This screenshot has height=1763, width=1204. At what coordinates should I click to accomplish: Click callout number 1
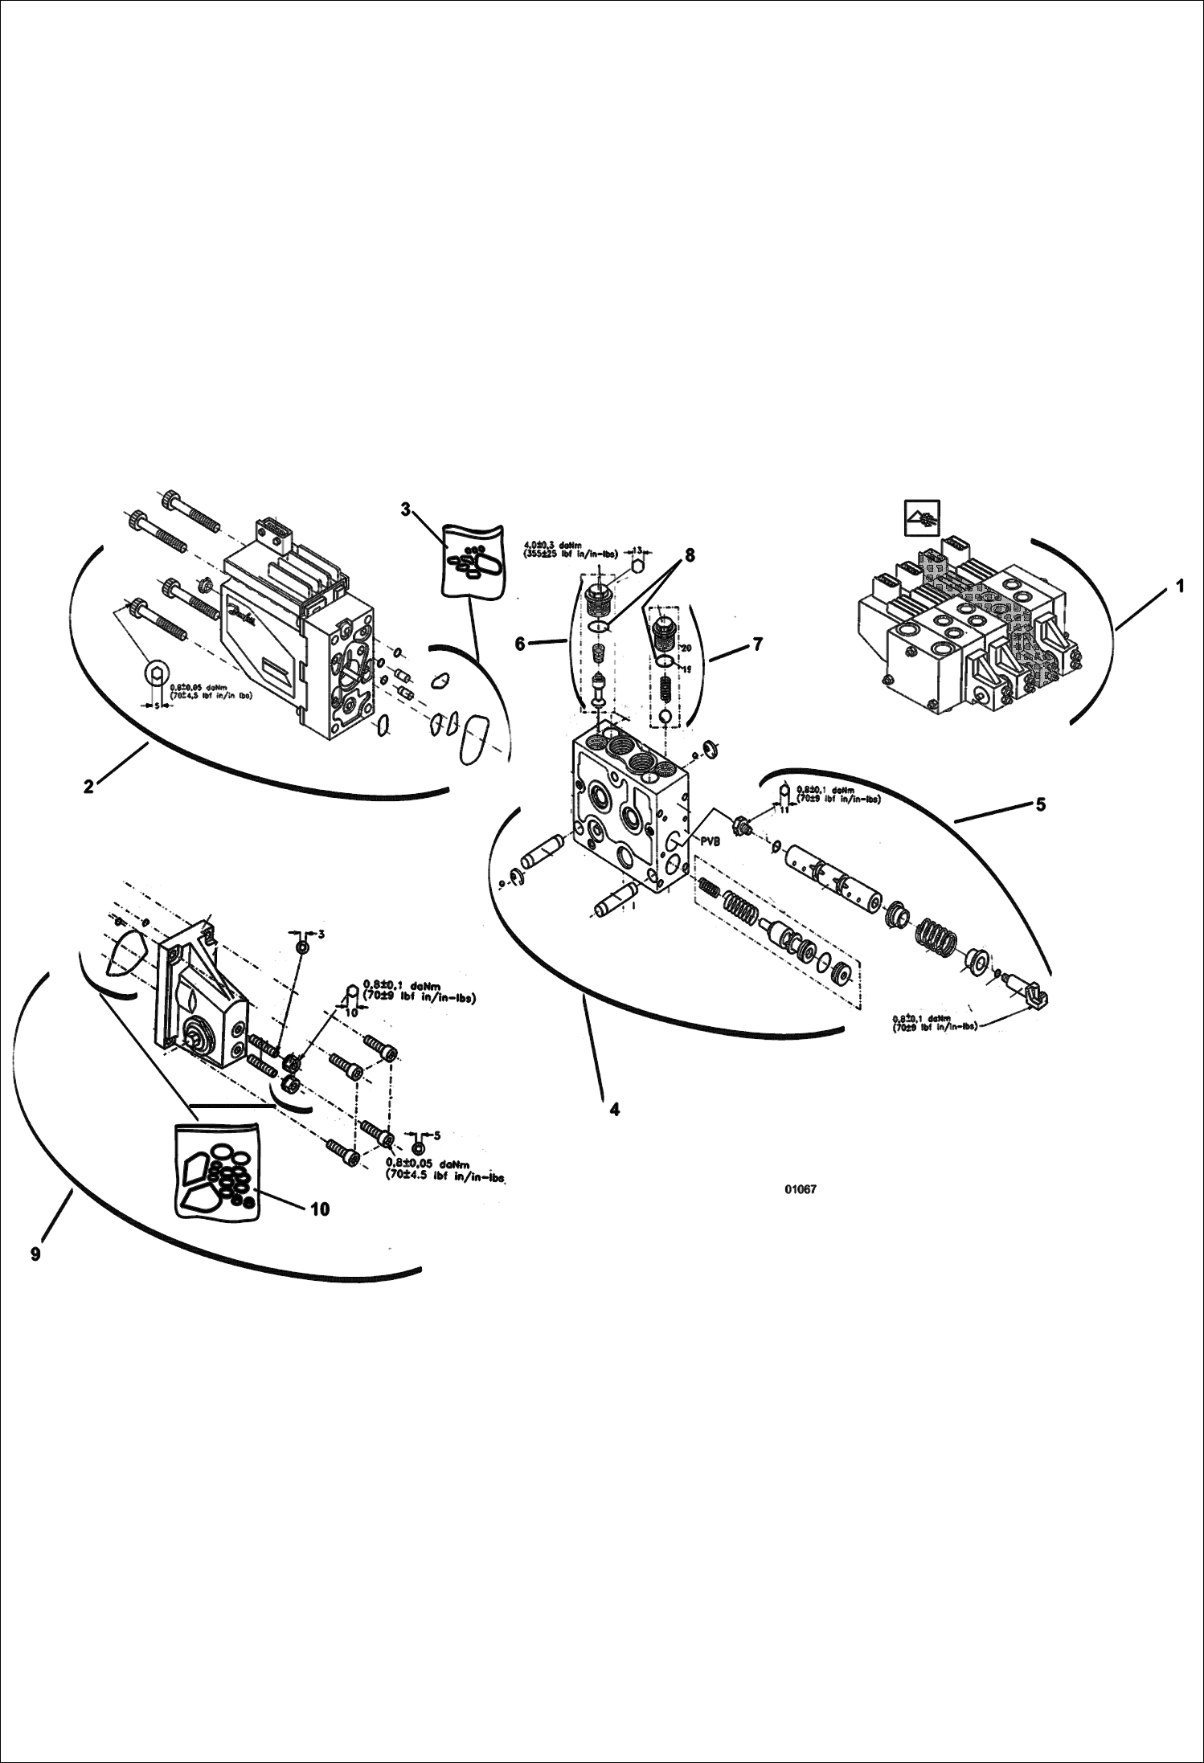(x=1179, y=587)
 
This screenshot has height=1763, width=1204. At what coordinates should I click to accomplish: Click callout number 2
(x=88, y=787)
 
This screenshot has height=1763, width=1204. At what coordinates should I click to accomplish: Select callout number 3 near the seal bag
(x=406, y=509)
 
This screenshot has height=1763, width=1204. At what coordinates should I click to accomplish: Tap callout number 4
(x=614, y=1110)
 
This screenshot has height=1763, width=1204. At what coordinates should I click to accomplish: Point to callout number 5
(x=1040, y=804)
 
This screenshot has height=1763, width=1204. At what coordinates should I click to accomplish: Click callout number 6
(x=520, y=644)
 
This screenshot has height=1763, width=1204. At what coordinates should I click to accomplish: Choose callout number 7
(x=758, y=644)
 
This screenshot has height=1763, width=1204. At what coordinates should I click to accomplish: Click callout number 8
(x=689, y=554)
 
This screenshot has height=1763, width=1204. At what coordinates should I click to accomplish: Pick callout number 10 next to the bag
(x=320, y=1209)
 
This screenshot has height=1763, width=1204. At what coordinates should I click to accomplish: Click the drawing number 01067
(x=801, y=1190)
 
